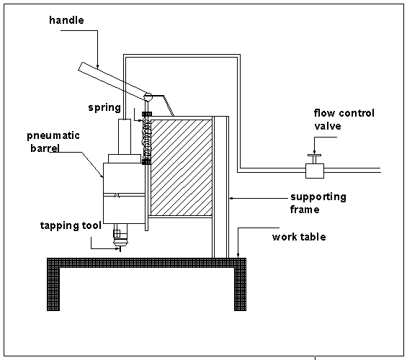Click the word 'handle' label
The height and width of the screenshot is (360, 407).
67,20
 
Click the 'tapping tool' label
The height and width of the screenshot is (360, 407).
71,225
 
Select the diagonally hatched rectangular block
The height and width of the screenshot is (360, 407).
180,167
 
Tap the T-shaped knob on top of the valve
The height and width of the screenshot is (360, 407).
313,155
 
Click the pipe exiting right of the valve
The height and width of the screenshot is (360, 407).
353,170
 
